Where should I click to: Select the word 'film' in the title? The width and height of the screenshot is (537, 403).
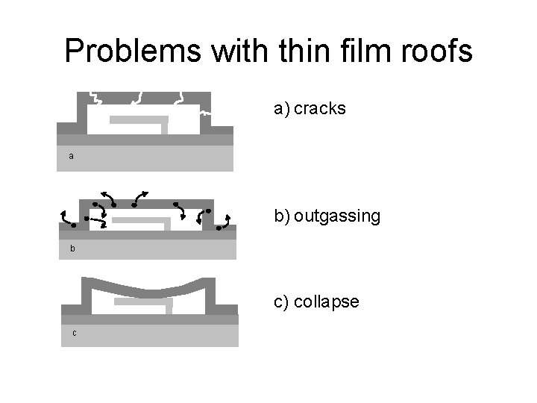[341, 51]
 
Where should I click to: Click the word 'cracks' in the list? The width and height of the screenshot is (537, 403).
[320, 109]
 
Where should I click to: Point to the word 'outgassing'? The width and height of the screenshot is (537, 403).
[337, 216]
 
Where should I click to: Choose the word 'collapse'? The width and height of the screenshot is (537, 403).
[327, 302]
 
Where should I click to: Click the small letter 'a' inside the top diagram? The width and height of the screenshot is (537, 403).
[71, 157]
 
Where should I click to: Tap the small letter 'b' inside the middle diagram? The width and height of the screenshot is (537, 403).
[72, 249]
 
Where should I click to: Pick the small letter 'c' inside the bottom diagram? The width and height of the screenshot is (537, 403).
[75, 333]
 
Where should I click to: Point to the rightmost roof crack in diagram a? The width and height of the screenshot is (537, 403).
[179, 99]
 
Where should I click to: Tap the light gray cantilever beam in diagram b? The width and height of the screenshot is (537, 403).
[142, 221]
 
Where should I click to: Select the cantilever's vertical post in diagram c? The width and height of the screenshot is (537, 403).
[171, 307]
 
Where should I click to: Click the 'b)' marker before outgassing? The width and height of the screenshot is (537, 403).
[282, 216]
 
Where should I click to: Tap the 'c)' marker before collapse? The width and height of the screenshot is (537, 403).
[282, 302]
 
